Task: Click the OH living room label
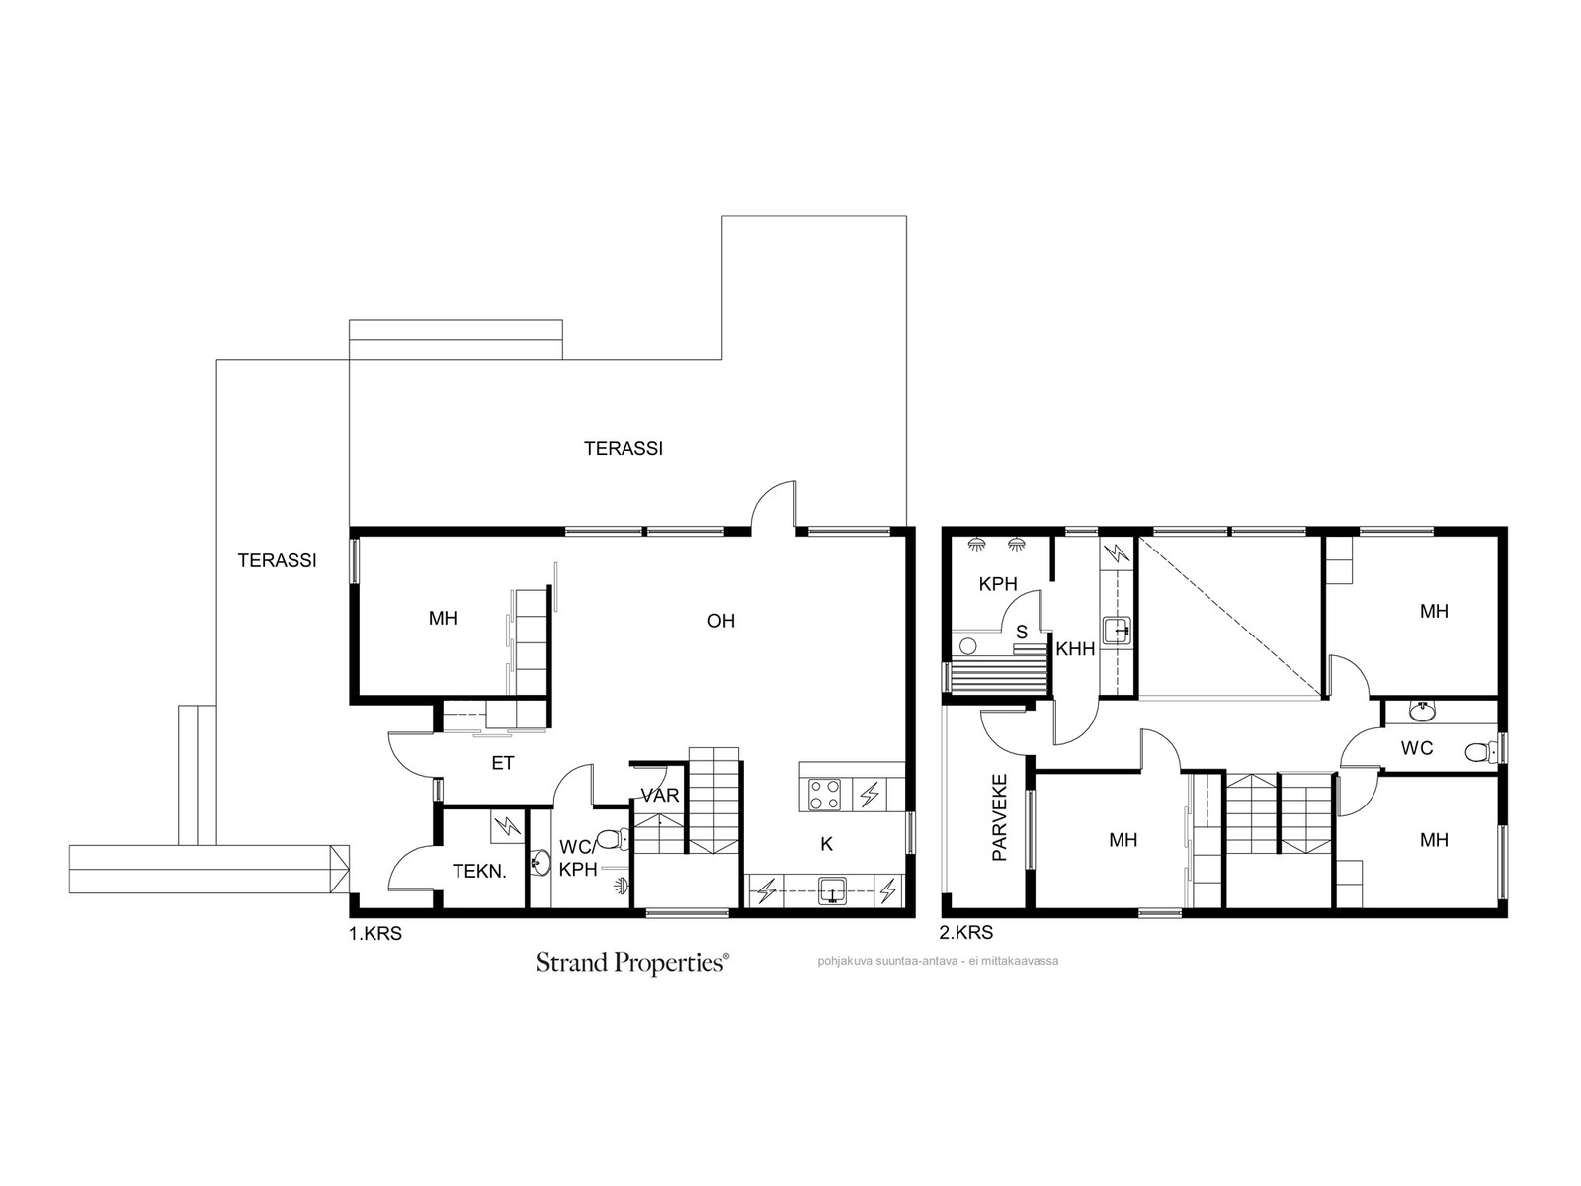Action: point(721,621)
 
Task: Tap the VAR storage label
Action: point(660,795)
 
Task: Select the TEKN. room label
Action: point(479,872)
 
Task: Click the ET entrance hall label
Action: point(503,763)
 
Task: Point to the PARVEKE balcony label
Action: point(999,817)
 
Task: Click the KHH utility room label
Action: point(1075,649)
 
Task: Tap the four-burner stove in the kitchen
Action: point(825,795)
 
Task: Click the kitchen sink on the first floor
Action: point(833,891)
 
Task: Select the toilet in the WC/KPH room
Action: point(614,839)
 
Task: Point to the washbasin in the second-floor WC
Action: point(1422,713)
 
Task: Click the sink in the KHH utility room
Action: point(1116,631)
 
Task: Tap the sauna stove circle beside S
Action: point(968,646)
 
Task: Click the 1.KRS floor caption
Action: point(375,934)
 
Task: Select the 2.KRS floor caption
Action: point(965,933)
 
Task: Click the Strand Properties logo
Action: point(631,964)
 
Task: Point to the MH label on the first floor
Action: point(443,619)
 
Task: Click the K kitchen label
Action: point(826,844)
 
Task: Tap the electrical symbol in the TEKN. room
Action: point(508,826)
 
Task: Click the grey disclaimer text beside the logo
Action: point(938,961)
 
